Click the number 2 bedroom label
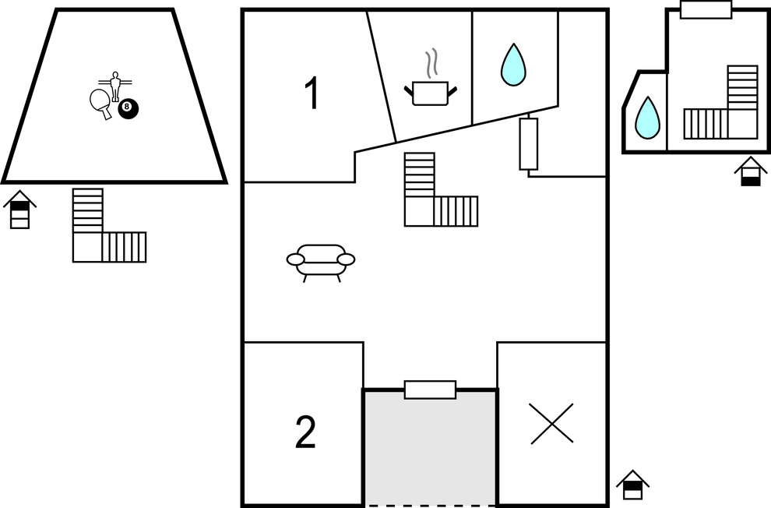[x=305, y=432]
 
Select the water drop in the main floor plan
[x=513, y=65]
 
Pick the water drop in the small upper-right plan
[x=648, y=118]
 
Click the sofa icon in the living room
[x=321, y=263]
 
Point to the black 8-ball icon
[x=128, y=108]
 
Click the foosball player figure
[x=115, y=86]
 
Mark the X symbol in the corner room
[x=551, y=423]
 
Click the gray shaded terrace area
[x=430, y=447]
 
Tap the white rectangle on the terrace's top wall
[x=430, y=390]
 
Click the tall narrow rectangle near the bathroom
[x=529, y=143]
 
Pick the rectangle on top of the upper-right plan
[x=706, y=9]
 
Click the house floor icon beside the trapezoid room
[x=19, y=210]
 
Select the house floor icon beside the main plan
[x=633, y=485]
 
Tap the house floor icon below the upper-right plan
[x=751, y=171]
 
